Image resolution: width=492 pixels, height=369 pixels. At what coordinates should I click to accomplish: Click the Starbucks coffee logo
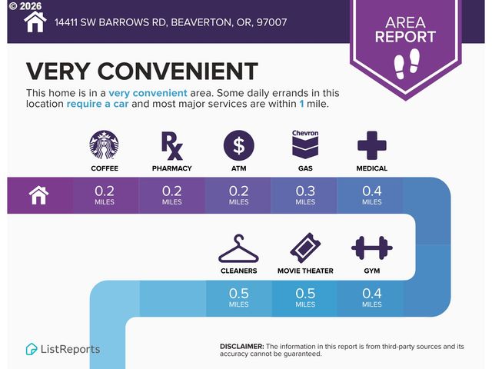point(105,145)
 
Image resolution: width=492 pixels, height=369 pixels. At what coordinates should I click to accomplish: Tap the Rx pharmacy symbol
point(171,146)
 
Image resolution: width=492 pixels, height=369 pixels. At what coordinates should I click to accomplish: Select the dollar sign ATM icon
point(239,145)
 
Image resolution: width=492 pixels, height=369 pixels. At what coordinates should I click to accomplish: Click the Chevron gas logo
point(305,145)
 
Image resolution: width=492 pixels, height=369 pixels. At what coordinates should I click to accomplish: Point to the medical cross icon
point(372,145)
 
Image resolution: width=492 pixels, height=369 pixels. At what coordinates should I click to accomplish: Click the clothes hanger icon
point(238,248)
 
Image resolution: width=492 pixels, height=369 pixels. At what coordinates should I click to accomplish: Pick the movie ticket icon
point(305,248)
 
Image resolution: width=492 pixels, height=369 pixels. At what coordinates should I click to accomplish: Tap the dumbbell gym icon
point(372,248)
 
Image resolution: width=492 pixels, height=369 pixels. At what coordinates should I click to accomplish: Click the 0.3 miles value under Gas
point(305,195)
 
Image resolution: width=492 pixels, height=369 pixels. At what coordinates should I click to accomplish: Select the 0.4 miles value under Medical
point(372,195)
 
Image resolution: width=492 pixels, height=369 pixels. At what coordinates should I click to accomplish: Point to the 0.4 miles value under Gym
point(372,298)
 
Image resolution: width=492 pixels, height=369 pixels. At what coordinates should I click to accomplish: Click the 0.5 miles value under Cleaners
point(239,298)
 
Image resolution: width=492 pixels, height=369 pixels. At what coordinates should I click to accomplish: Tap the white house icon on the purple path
point(38,195)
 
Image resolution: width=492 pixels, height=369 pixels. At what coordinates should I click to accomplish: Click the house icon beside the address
point(35,22)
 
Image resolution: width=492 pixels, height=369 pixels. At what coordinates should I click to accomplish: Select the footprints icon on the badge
point(407,64)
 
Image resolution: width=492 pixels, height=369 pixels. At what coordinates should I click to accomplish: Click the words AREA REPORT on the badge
point(405,29)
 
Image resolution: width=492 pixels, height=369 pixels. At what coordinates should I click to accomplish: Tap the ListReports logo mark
point(32,349)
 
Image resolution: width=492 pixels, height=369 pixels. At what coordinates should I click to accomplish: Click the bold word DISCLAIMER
point(242,347)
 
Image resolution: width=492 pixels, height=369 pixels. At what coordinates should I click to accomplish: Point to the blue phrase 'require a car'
point(98,104)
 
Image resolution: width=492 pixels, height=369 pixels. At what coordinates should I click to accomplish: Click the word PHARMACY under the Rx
point(172,168)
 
